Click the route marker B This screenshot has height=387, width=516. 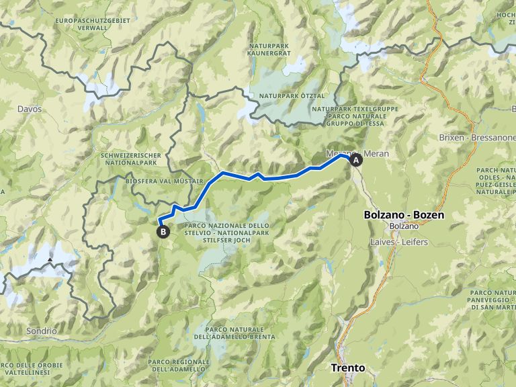pyautogui.click(x=163, y=232)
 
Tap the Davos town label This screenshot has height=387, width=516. pyautogui.click(x=30, y=109)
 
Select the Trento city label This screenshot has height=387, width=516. pyautogui.click(x=348, y=368)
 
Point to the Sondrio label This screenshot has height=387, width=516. pyautogui.click(x=42, y=331)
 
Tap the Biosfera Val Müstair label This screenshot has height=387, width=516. pyautogui.click(x=164, y=181)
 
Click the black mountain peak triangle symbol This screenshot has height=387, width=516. pyautogui.click(x=51, y=259)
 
